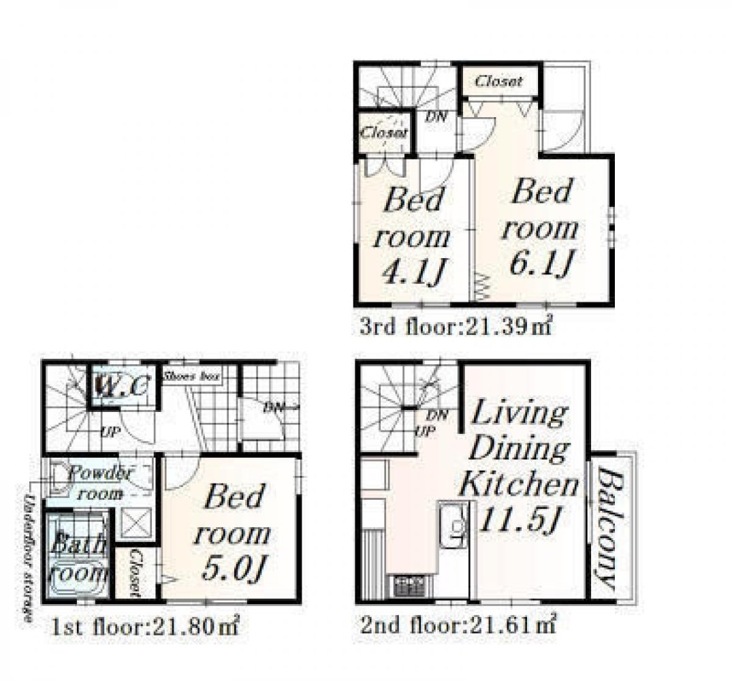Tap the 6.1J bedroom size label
(x=542, y=263)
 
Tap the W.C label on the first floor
(x=121, y=387)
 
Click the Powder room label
(x=100, y=482)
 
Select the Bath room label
(x=80, y=557)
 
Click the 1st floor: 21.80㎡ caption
(x=145, y=627)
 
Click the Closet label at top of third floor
(x=499, y=81)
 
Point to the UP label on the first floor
(x=108, y=432)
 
